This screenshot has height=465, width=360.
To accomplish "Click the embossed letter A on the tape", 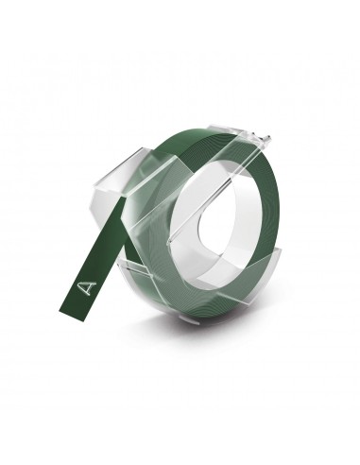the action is point(87,287).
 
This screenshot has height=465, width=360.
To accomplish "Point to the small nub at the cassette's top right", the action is point(267,139).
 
